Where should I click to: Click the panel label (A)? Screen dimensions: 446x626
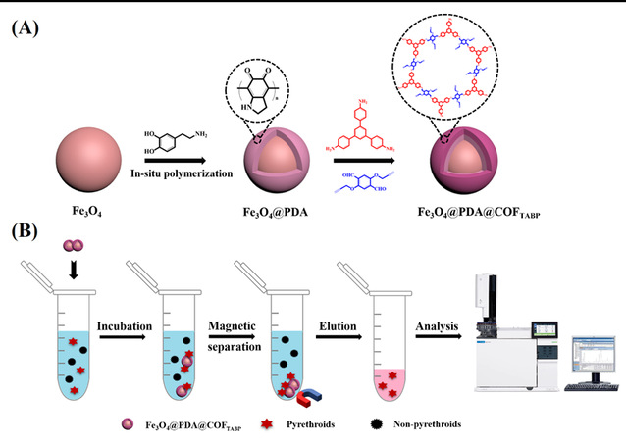[26, 27]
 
